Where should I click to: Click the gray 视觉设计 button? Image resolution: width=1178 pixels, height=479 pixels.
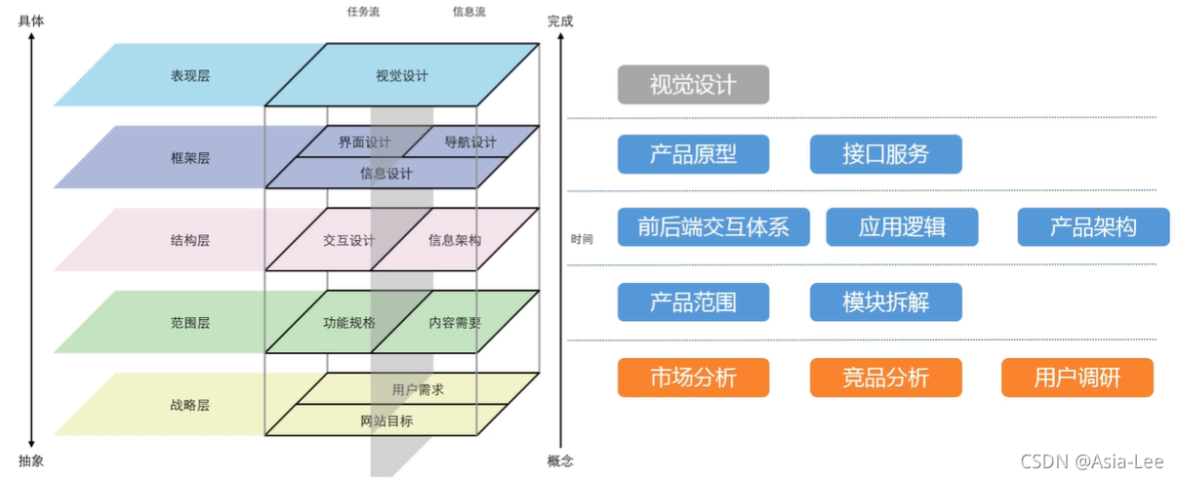click(x=693, y=85)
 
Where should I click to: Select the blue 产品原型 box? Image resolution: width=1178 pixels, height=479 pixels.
click(x=693, y=154)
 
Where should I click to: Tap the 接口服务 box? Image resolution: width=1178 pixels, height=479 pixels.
click(x=885, y=154)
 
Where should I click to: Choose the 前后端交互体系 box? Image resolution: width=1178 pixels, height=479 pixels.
click(x=712, y=227)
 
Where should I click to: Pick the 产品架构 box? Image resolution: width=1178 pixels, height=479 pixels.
click(x=1093, y=227)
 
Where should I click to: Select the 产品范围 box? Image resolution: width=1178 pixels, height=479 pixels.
click(x=693, y=301)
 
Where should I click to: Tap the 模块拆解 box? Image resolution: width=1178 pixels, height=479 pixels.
click(x=885, y=301)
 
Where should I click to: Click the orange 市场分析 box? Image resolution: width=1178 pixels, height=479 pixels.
click(x=693, y=378)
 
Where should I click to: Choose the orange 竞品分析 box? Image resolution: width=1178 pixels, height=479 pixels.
click(x=885, y=378)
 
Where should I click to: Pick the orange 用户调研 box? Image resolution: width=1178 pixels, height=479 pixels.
click(x=1077, y=378)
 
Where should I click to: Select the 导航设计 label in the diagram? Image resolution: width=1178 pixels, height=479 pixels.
click(x=470, y=142)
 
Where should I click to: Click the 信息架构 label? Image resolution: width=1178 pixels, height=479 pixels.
click(x=455, y=240)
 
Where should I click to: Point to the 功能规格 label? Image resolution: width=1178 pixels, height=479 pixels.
click(x=349, y=323)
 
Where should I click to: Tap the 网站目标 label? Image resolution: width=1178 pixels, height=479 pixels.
click(x=386, y=420)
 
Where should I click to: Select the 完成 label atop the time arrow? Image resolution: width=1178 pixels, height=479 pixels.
click(x=560, y=20)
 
